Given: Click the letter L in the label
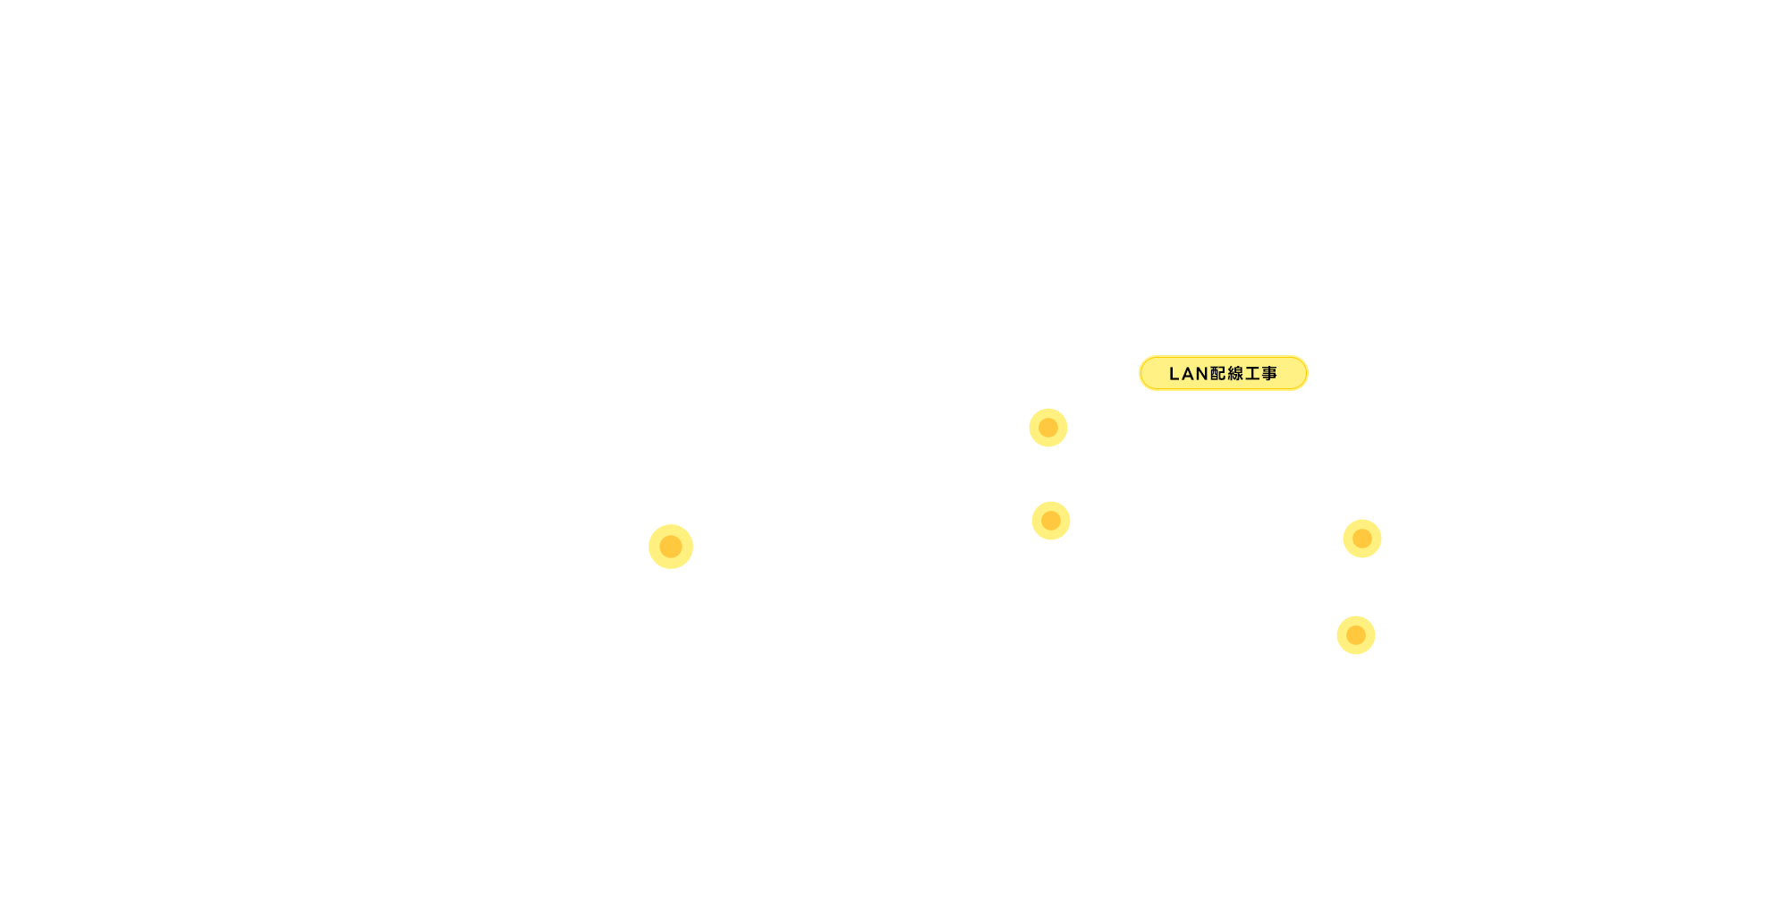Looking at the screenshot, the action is pos(1174,374).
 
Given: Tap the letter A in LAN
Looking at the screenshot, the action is pos(1188,374).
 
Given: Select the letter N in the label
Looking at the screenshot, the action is pos(1202,374).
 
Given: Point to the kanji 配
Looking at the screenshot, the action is pos(1218,374).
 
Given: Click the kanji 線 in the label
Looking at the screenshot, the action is pos(1235,374).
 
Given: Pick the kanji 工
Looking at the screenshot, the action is pos(1252,374).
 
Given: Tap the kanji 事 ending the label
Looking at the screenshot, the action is pos(1269,374).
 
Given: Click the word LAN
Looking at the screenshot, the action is pos(1189,374).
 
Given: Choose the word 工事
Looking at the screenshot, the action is pos(1261,374).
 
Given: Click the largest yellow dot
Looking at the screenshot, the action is pos(671,547).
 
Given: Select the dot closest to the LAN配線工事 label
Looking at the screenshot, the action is pos(1048,428).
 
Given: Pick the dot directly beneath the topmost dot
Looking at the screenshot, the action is pos(1051,521).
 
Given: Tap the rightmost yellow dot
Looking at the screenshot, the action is pos(1362,539).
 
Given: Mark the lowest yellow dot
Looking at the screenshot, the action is pos(1356,635).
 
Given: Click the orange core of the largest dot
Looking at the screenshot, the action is pos(671,547).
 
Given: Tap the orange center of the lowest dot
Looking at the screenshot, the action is pos(1356,635).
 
